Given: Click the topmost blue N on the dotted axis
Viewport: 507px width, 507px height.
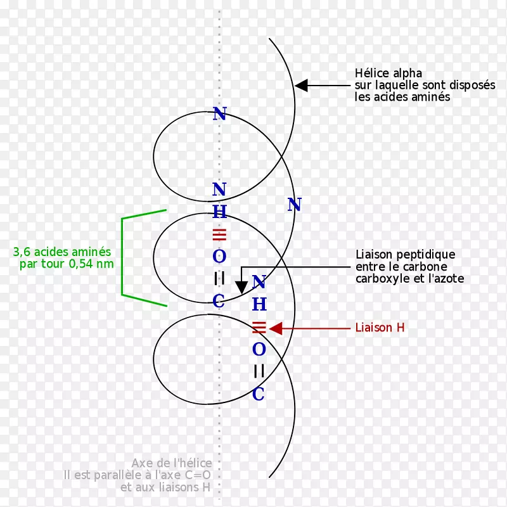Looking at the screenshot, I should click(219, 115).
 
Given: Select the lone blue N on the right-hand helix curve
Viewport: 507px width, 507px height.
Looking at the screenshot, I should click(294, 205).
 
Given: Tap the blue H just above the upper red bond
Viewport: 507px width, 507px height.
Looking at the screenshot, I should click(219, 212).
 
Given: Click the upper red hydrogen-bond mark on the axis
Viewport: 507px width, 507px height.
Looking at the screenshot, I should click(219, 234).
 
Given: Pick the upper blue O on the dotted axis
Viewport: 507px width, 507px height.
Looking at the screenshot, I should click(219, 257).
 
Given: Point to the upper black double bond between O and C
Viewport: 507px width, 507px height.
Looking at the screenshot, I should click(219, 279).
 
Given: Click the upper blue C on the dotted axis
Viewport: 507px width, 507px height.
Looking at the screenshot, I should click(219, 302).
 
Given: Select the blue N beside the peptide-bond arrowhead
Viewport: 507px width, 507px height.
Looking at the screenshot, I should click(259, 282).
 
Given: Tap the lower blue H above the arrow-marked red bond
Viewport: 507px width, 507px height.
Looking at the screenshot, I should click(259, 305).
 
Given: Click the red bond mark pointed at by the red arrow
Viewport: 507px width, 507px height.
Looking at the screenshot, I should click(259, 328).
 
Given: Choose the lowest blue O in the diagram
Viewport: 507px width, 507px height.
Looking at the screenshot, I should click(259, 349).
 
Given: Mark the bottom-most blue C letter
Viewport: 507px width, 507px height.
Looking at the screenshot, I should click(259, 394).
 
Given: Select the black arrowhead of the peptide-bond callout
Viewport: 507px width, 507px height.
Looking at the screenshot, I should click(241, 287).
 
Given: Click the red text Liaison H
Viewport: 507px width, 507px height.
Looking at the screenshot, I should click(380, 328).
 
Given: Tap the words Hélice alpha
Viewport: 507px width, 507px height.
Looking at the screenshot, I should click(388, 74).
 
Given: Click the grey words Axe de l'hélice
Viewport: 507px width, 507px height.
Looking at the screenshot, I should click(172, 463).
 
